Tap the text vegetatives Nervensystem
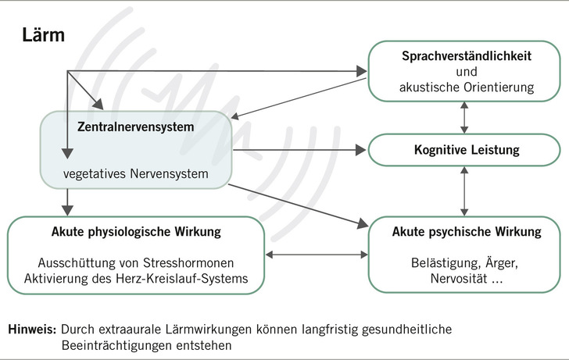[x=135, y=173]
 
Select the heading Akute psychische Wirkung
[x=467, y=232]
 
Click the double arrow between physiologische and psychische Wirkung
[x=317, y=255]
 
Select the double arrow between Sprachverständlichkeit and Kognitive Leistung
[x=467, y=116]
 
